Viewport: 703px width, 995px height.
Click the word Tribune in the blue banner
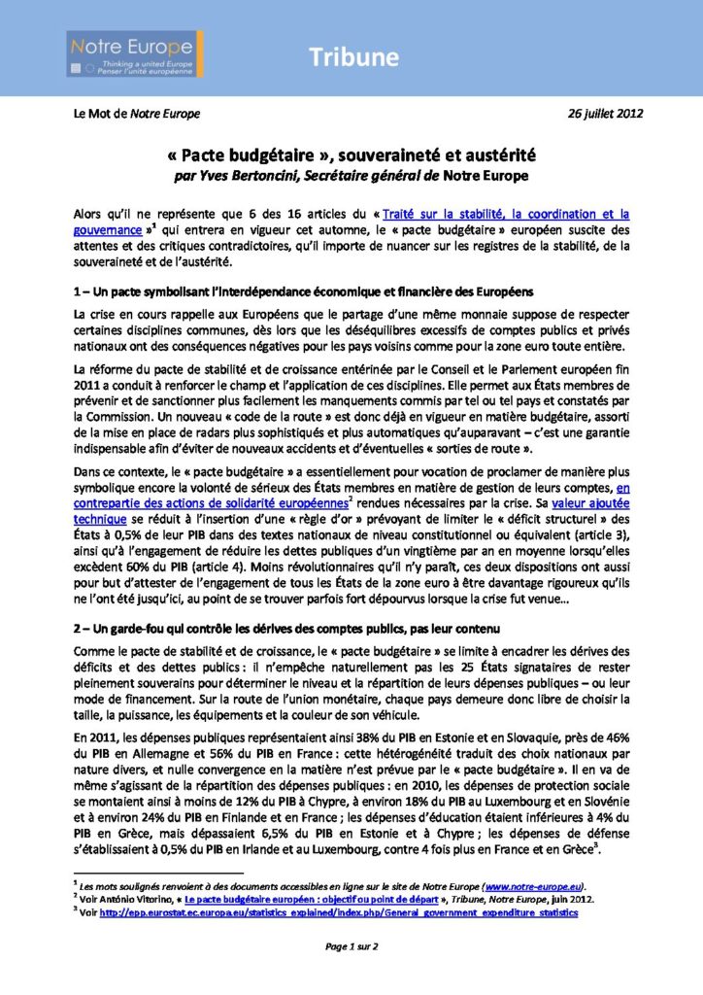[x=354, y=57]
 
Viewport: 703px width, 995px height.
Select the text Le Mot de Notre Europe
[x=137, y=114]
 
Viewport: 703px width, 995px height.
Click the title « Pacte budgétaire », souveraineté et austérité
[x=351, y=154]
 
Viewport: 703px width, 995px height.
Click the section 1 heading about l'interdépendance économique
[x=300, y=292]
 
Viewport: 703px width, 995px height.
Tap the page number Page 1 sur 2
[x=351, y=944]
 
